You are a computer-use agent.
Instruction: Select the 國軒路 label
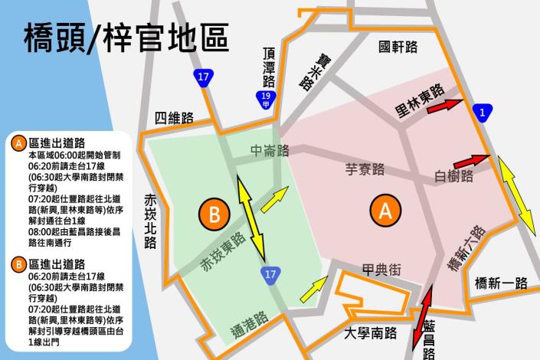coord(398,47)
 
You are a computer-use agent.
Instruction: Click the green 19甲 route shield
coord(265,98)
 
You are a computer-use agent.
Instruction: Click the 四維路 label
coord(174,118)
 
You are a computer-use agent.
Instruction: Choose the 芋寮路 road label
coord(365,169)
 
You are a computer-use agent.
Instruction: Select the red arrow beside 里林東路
coord(446,106)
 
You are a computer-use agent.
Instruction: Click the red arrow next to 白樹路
coord(471,161)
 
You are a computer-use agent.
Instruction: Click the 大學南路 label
coord(370,333)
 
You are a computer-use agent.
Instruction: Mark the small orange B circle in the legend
coord(18,265)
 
